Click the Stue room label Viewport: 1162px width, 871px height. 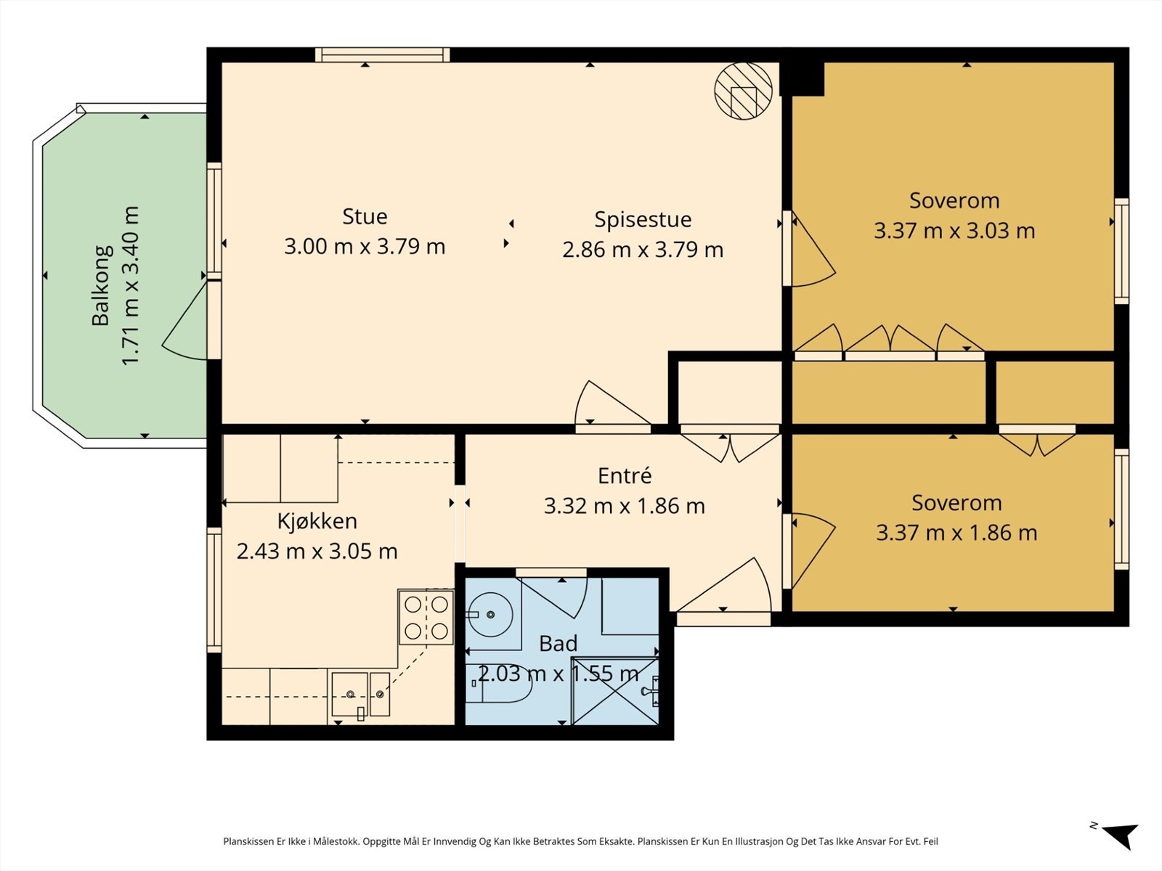coord(365,216)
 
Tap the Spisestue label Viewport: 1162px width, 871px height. coord(643,220)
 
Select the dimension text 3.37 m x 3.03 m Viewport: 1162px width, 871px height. coord(954,231)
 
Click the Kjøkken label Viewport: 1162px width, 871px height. coord(317,521)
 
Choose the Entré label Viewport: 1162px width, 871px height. coord(625,475)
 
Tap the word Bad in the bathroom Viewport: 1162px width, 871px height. coord(558,644)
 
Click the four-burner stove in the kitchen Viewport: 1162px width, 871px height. coord(426,617)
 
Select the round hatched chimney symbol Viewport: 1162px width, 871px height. coord(743,91)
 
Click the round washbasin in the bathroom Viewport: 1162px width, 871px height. coord(490,615)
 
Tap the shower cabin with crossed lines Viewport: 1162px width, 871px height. coord(616,691)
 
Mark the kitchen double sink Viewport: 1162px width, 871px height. coord(360,694)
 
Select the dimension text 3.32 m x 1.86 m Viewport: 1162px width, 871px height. coord(625,506)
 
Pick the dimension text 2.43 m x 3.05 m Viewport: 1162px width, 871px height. coord(317,552)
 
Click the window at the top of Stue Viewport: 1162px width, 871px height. coord(382,55)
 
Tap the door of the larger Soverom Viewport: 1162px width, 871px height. coord(810,248)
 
